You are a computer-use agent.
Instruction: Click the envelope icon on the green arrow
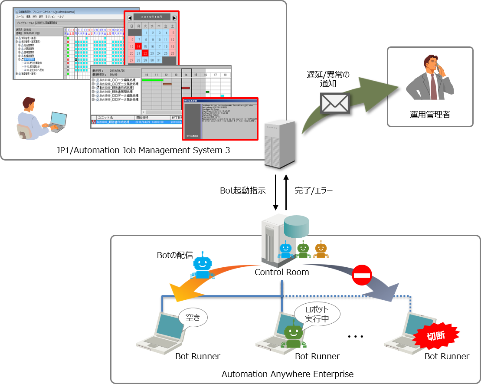pos(334,103)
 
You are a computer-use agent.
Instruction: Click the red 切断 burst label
pos(436,335)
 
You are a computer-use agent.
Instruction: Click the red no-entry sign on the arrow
pos(362,275)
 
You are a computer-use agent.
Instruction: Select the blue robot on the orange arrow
pos(202,265)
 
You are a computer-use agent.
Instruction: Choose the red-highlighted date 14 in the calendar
pos(138,46)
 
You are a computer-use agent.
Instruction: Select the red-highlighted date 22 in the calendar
pos(145,53)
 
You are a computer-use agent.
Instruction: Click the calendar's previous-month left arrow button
pos(129,17)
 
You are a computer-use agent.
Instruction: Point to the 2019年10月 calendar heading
pos(152,17)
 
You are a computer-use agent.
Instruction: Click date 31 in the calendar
pos(159,60)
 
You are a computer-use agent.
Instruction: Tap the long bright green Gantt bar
pos(153,80)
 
